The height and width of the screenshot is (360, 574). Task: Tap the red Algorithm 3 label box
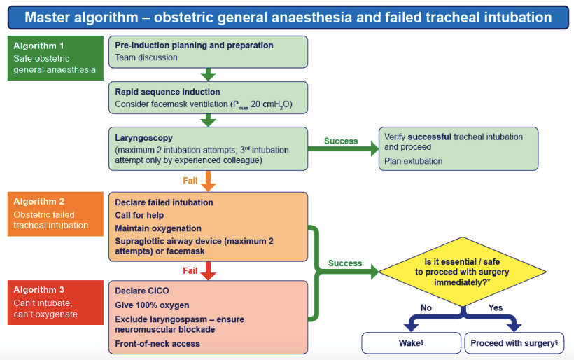(55, 302)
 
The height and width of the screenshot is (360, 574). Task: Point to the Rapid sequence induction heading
(167, 92)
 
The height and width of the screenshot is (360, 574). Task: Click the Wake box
(410, 343)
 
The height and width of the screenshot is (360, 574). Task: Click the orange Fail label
(190, 180)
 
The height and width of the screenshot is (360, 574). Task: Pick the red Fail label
(190, 269)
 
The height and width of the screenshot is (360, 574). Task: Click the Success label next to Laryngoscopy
(340, 141)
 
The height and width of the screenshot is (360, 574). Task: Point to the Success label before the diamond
(345, 263)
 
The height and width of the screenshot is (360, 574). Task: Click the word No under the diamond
(426, 307)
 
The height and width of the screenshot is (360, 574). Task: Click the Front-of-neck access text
(157, 343)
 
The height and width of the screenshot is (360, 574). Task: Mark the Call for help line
(140, 215)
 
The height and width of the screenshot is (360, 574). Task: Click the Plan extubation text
(413, 161)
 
